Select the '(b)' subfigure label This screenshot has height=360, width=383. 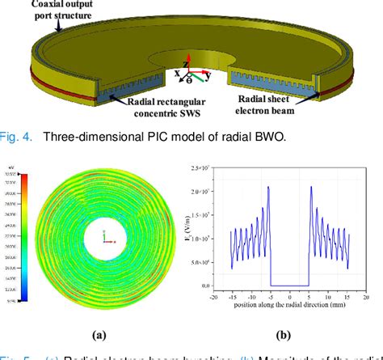[284, 333]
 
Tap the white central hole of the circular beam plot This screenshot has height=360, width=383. [104, 235]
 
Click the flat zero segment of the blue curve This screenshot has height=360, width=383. [289, 285]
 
